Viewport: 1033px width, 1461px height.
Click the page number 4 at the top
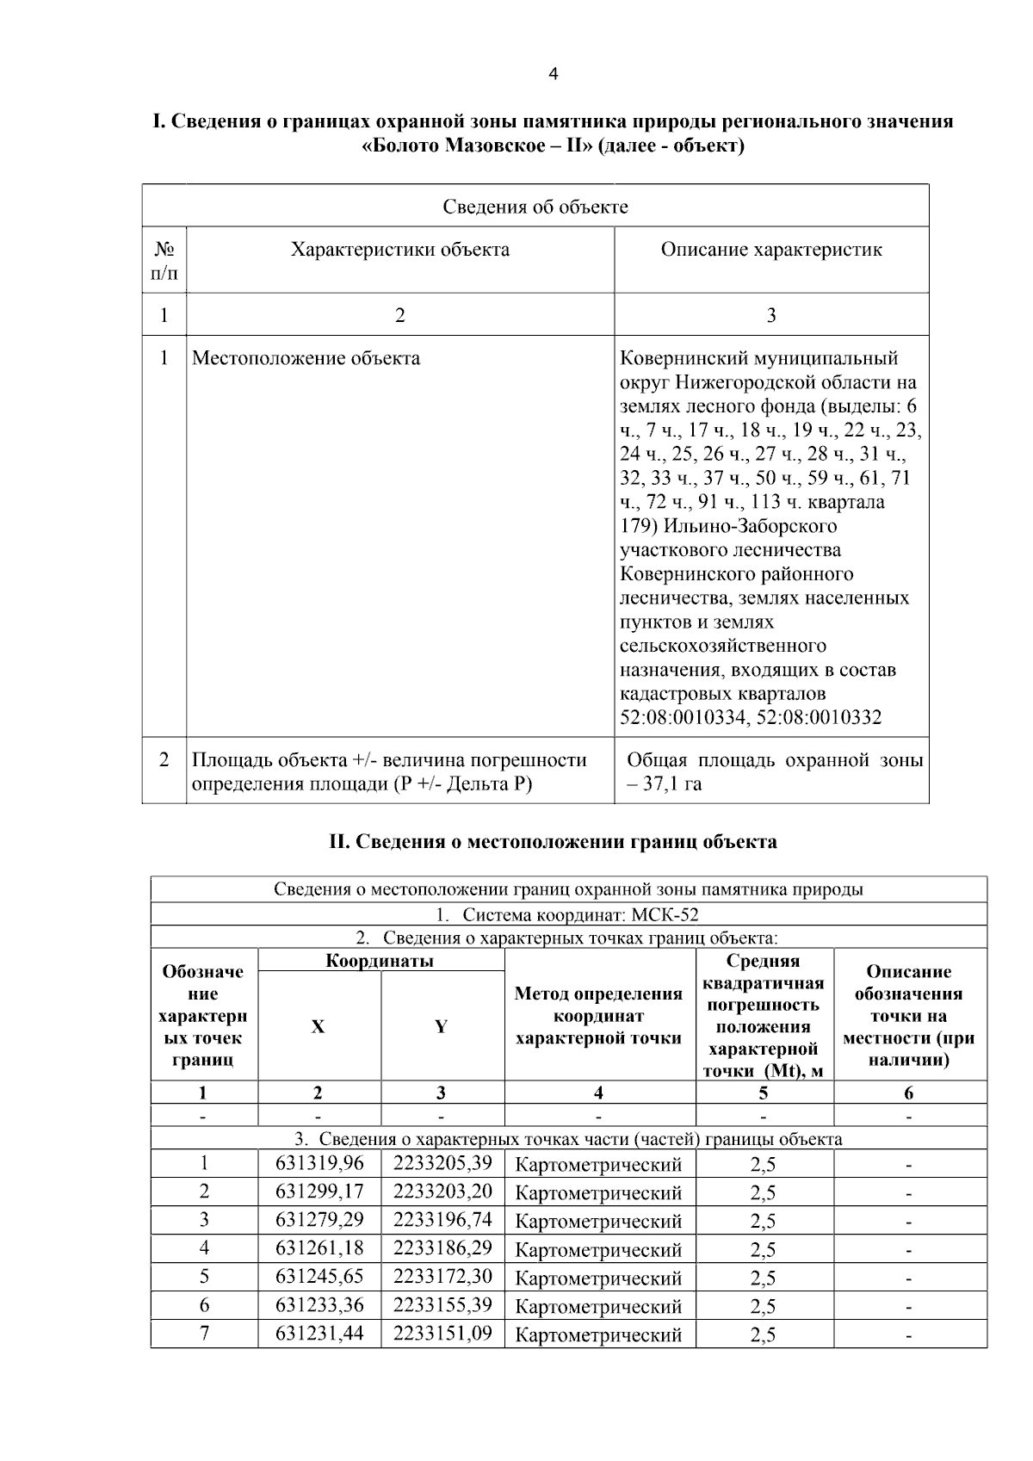(553, 75)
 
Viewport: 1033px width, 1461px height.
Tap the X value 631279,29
(319, 1220)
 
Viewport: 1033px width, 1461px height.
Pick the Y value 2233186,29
(442, 1248)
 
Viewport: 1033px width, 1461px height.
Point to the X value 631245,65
(319, 1277)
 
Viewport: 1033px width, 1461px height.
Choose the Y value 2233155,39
(442, 1305)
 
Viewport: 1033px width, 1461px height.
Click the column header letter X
(319, 1026)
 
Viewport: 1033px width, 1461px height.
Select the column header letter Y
(442, 1026)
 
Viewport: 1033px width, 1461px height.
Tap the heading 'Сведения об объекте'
(535, 207)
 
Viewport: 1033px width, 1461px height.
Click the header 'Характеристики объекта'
(399, 251)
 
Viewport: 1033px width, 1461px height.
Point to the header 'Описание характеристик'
(771, 251)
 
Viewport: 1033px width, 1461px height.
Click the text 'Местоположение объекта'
(306, 358)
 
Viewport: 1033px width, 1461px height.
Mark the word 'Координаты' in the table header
(380, 961)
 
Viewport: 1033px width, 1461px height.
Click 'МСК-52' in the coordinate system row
(668, 915)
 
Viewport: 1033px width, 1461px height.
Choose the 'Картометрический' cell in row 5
(598, 1278)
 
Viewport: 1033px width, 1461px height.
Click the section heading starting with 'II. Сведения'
(553, 842)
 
